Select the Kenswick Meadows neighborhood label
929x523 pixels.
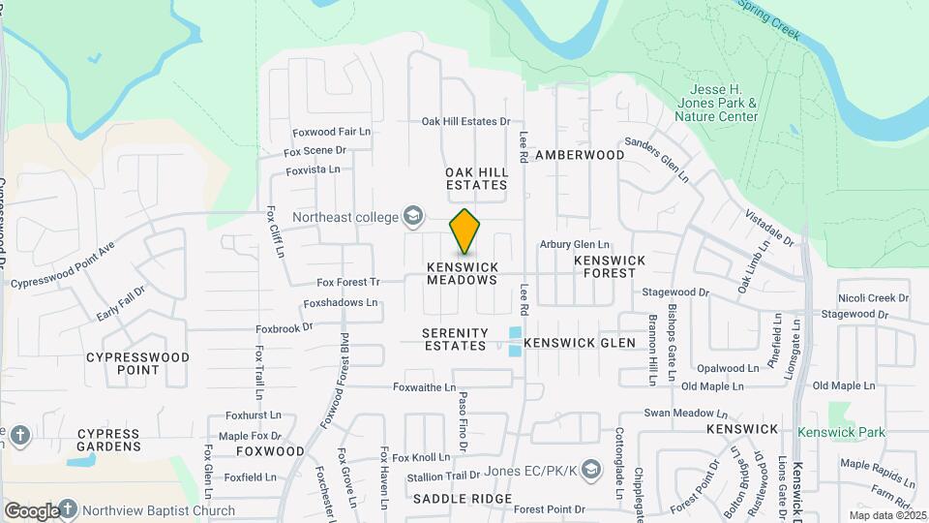(463, 273)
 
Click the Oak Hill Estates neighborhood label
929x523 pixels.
(476, 178)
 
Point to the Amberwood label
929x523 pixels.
(580, 155)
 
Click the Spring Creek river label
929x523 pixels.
(770, 19)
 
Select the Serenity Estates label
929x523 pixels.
(455, 339)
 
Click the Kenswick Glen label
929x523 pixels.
(580, 343)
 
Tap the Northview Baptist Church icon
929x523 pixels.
(69, 509)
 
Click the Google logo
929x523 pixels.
(31, 510)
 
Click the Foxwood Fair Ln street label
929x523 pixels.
(332, 132)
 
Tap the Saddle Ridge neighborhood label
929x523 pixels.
(448, 498)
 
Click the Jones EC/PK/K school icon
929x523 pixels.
(587, 470)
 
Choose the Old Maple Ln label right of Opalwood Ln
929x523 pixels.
(847, 386)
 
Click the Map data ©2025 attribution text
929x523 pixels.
(887, 515)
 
